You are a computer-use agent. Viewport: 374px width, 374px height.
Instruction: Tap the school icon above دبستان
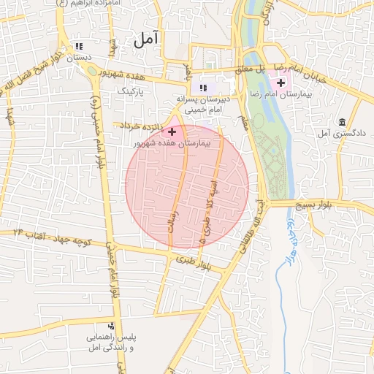(x=79, y=45)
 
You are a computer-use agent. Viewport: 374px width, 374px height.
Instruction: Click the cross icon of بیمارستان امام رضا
(x=281, y=83)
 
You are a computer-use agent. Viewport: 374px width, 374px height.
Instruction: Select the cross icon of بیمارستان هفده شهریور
(x=172, y=131)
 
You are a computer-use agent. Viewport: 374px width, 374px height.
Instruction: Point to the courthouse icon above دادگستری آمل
(x=342, y=121)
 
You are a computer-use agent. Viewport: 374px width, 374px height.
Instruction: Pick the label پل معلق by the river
(x=248, y=69)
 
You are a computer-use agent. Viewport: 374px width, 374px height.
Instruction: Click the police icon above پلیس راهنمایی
(x=110, y=326)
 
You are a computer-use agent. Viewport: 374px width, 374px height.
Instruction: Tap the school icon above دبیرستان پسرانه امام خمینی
(x=203, y=88)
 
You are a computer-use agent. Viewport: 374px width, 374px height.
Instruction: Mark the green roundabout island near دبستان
(x=91, y=70)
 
